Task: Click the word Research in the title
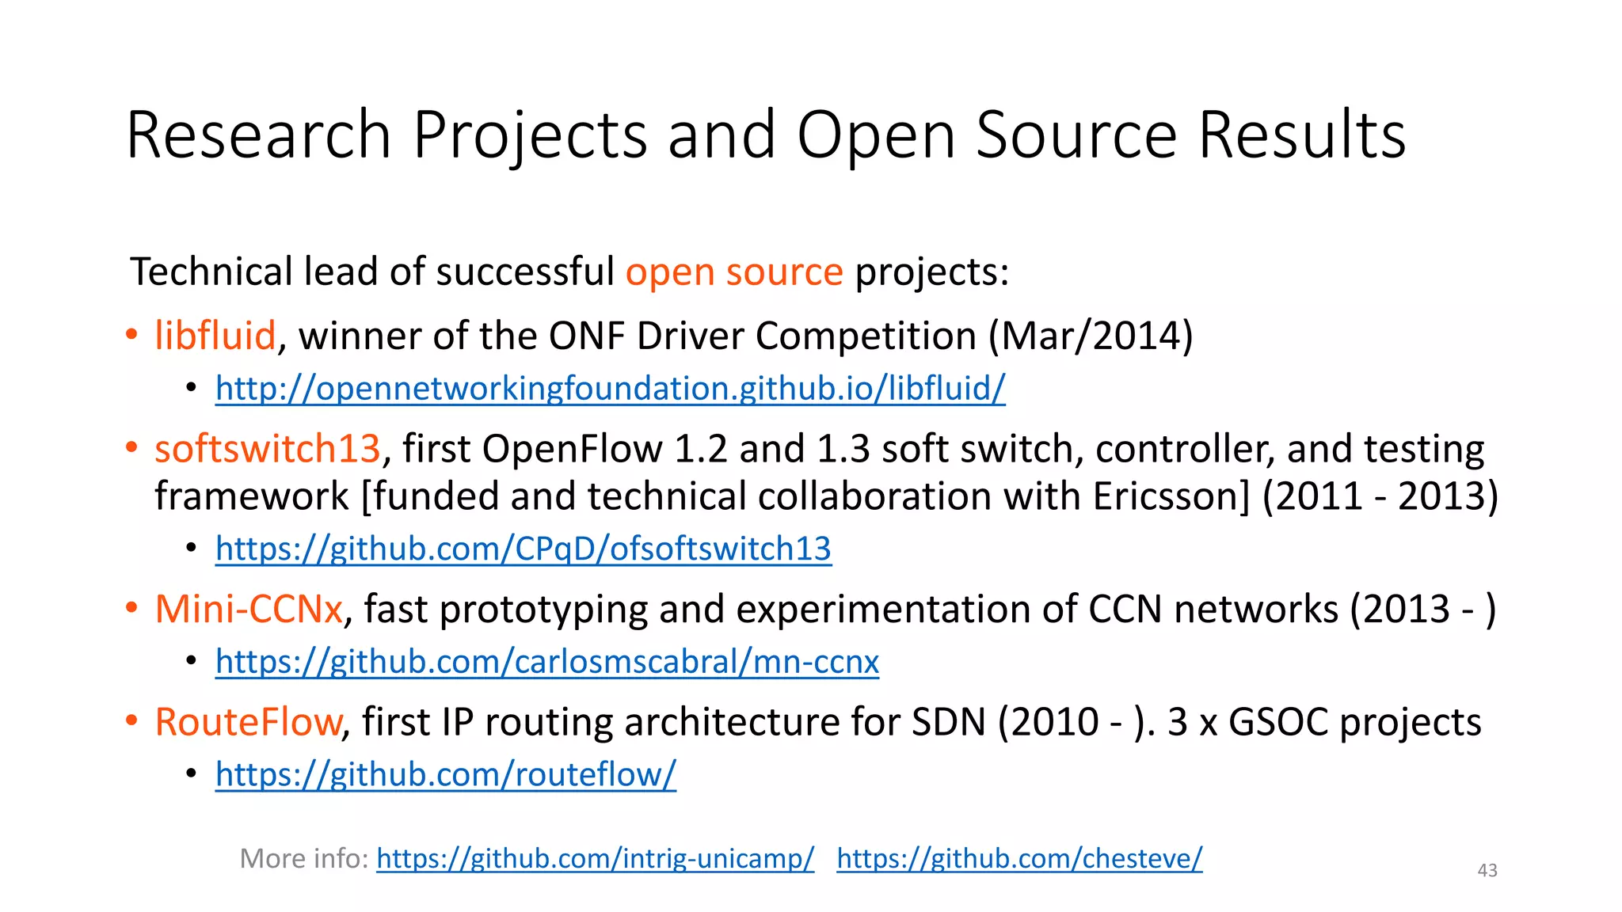click(258, 135)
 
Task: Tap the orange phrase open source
click(734, 272)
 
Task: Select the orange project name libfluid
click(215, 336)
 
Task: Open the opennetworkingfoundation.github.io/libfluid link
click(610, 389)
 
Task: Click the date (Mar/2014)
click(1091, 336)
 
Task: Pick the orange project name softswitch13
click(268, 449)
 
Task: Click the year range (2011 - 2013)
click(1380, 497)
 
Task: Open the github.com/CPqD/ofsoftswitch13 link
click(523, 549)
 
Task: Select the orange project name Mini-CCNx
click(249, 610)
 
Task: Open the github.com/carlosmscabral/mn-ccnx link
click(546, 662)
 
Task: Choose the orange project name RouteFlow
click(248, 722)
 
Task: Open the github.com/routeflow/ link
click(445, 774)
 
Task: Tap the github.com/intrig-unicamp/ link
click(595, 858)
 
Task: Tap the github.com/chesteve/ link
click(1019, 858)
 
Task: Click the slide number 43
click(1487, 871)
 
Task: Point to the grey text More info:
click(304, 858)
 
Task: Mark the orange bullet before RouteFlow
click(131, 720)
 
